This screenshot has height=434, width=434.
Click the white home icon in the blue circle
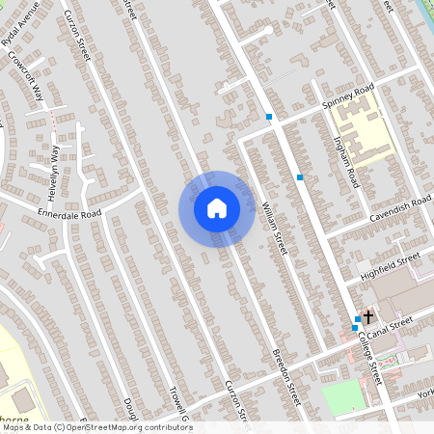217,208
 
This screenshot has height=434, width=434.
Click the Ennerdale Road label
69,213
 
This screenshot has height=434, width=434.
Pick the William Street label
273,227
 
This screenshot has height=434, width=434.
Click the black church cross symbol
367,315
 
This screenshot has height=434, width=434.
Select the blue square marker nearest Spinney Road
269,118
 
